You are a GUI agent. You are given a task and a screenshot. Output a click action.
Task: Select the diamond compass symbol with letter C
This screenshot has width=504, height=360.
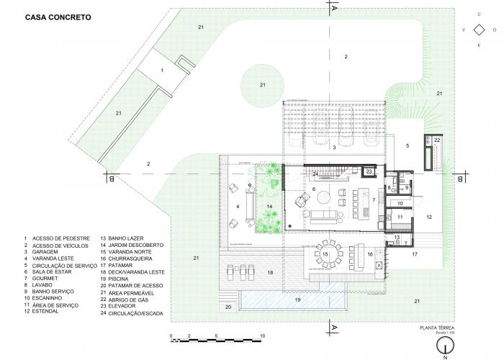click(x=477, y=30)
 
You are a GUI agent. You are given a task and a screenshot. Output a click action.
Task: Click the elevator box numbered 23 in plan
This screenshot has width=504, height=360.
click(x=369, y=171)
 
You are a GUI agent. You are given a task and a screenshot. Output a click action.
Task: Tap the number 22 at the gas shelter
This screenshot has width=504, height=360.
click(x=437, y=139)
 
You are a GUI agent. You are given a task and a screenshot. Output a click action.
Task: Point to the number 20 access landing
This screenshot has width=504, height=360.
click(x=228, y=307)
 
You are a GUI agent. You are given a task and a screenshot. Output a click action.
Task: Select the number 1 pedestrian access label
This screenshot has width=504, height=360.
click(x=163, y=70)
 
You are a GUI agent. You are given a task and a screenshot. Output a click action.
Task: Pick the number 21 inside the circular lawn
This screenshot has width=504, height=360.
click(x=263, y=85)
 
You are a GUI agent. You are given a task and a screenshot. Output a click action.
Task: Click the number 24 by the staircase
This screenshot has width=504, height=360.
click(x=315, y=174)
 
